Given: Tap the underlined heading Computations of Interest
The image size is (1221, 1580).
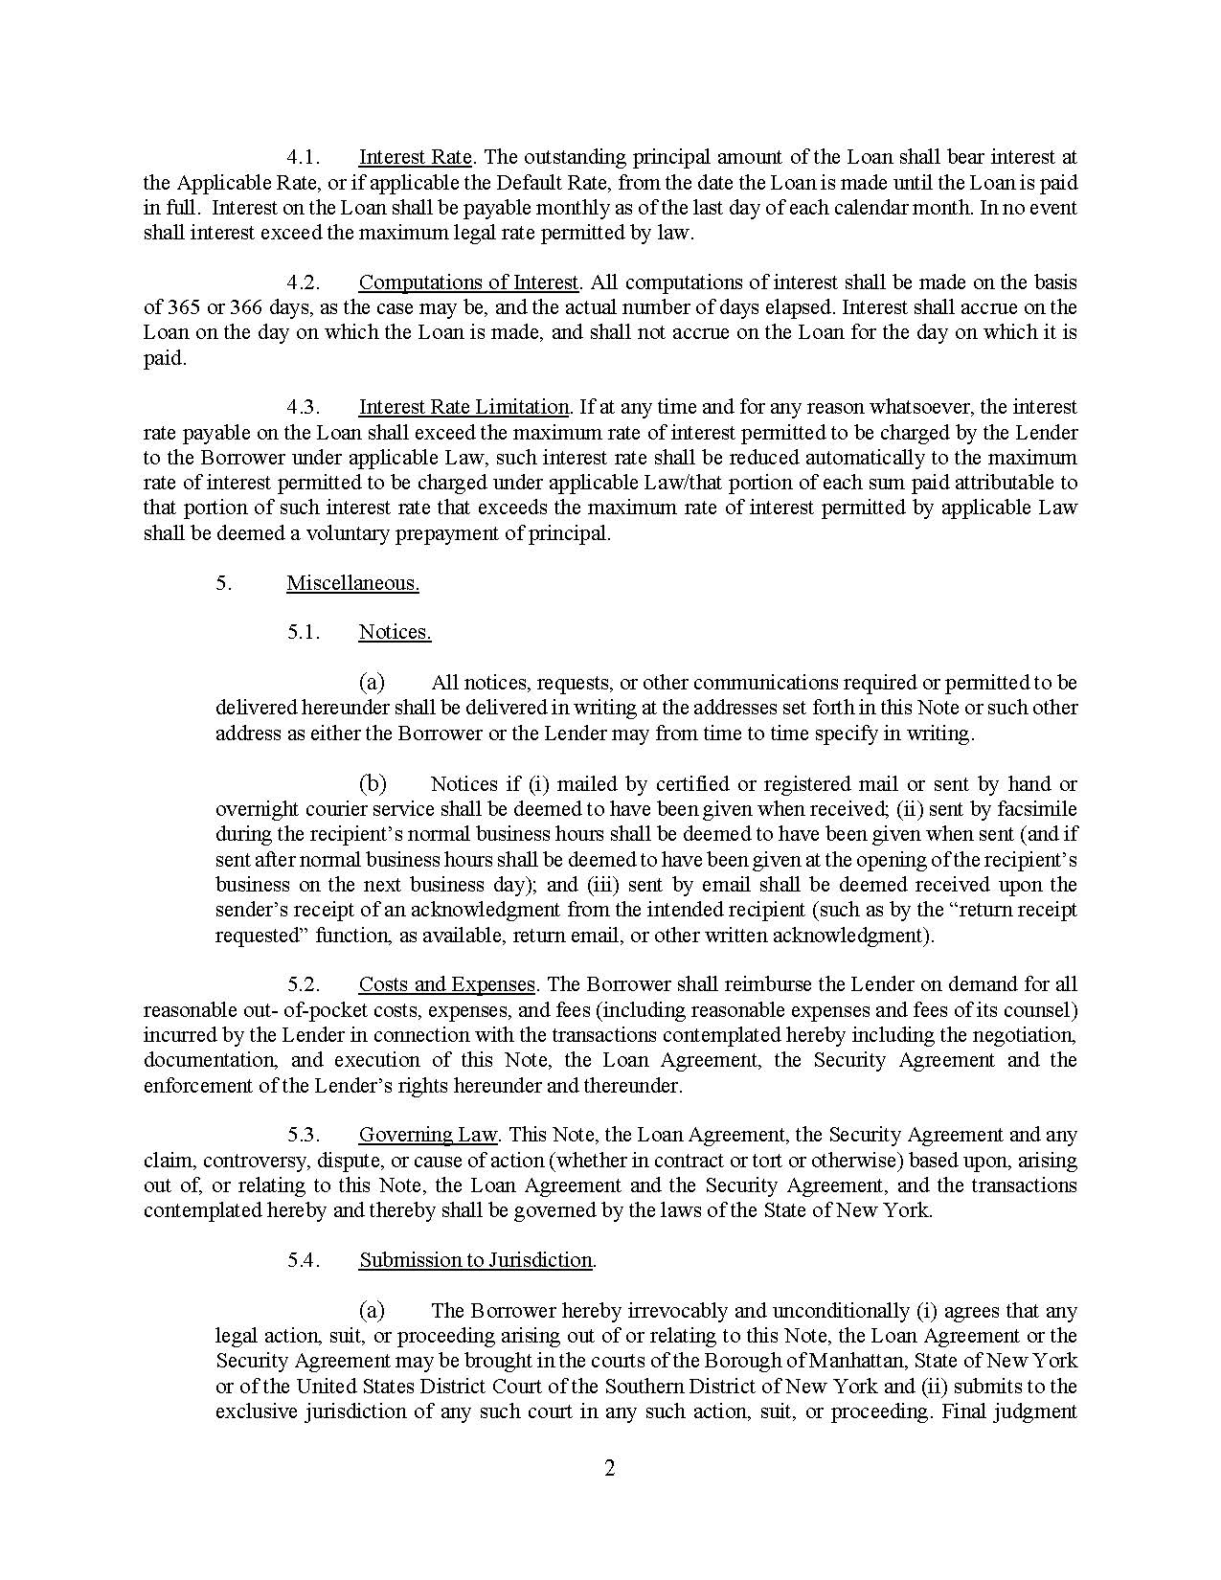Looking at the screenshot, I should click(468, 282).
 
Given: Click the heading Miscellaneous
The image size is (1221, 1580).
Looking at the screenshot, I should click(352, 583).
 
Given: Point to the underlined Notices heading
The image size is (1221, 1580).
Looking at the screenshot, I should click(395, 633).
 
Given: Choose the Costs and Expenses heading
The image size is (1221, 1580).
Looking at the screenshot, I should click(446, 984).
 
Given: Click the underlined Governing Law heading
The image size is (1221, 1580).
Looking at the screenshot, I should click(428, 1135).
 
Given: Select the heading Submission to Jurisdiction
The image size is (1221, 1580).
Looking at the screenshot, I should click(476, 1260).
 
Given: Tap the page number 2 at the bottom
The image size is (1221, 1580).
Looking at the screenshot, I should click(610, 1469).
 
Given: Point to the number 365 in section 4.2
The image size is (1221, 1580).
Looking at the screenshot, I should click(184, 307).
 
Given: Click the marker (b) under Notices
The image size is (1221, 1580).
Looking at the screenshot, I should click(372, 784).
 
